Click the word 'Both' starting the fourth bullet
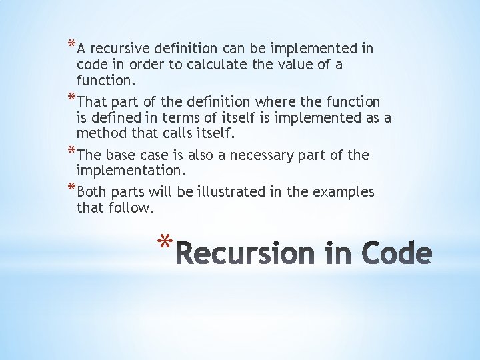92,193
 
